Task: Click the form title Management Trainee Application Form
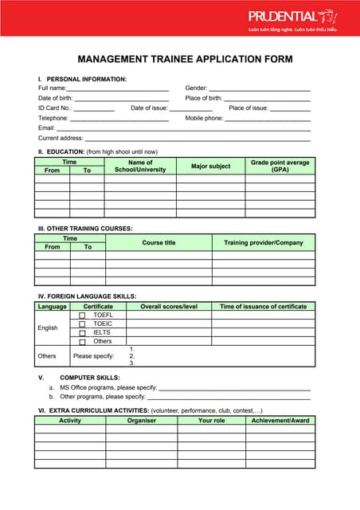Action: point(185,59)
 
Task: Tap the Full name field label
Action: point(53,88)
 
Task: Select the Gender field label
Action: point(196,88)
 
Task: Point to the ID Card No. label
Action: point(55,108)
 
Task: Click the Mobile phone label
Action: point(204,118)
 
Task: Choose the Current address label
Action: point(61,138)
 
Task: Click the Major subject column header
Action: point(210,166)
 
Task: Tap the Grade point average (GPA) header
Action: point(280,166)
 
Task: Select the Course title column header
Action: point(158,242)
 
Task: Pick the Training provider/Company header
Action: point(263,242)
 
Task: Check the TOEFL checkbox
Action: point(82,316)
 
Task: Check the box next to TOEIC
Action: point(82,324)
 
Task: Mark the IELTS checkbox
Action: point(82,333)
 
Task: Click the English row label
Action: point(48,328)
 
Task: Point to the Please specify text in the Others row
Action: point(94,355)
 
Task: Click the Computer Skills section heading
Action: point(90,377)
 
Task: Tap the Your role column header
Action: point(211,420)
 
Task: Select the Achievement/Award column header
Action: point(280,420)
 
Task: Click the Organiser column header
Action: point(142,420)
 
